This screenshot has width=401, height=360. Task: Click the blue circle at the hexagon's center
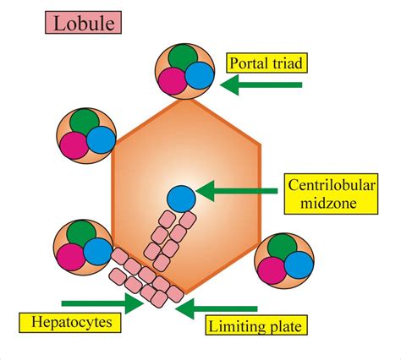pyautogui.click(x=179, y=198)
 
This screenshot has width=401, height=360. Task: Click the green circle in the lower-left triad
pyautogui.click(x=81, y=236)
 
